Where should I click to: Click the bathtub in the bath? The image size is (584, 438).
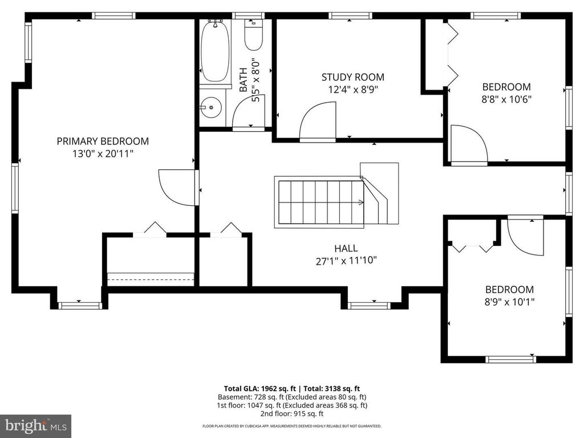215,51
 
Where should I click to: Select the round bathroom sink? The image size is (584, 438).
211,108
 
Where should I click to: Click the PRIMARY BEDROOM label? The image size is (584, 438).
103,141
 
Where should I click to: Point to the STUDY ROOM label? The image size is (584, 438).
352,77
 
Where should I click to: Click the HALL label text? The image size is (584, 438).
346,248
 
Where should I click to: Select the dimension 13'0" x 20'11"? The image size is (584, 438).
103,153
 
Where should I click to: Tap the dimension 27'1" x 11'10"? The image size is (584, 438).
346,261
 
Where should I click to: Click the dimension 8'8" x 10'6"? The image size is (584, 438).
506,99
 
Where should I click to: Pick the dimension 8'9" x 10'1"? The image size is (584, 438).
509,302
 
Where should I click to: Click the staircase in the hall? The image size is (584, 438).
336,197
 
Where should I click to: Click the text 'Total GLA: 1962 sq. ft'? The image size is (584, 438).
259,389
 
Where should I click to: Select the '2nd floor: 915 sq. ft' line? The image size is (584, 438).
292,413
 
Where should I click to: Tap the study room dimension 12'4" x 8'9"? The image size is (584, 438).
352,90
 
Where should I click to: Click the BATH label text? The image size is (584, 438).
243,80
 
